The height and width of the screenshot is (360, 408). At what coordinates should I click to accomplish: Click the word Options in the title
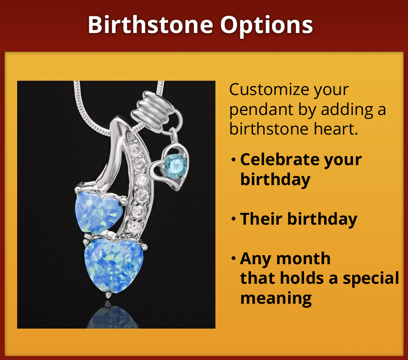[x=267, y=25]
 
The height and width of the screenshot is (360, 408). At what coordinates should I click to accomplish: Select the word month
[x=306, y=258]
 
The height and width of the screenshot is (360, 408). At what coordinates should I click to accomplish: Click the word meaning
[x=276, y=298]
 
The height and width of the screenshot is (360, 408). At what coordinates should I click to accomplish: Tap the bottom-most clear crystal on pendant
[x=133, y=225]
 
